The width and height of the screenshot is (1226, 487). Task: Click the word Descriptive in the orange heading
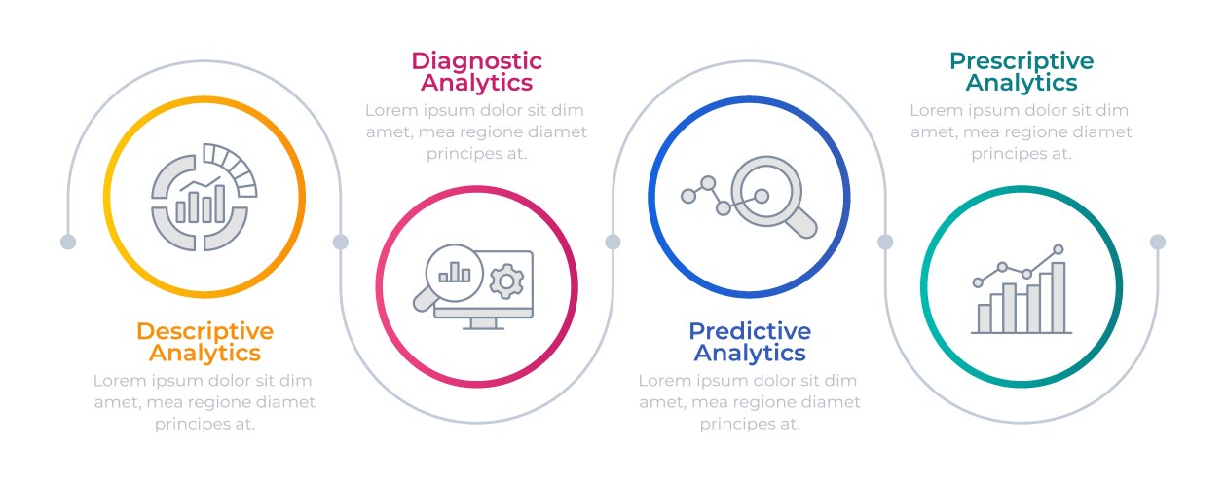click(204, 331)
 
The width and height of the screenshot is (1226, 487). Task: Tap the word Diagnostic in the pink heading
click(477, 61)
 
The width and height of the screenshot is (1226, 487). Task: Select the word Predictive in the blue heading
click(750, 331)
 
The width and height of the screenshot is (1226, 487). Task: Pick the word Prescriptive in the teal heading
click(1022, 61)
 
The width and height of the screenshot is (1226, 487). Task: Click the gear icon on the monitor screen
click(506, 281)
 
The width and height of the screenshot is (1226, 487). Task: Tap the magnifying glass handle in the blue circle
click(801, 223)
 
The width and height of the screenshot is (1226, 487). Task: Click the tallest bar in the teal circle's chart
click(1058, 298)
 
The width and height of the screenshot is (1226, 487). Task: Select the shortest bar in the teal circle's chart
click(985, 318)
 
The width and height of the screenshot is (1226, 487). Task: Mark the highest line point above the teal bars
click(1059, 249)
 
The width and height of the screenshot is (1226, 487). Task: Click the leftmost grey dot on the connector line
click(68, 242)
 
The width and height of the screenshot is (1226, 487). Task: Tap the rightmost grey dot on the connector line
click(1158, 242)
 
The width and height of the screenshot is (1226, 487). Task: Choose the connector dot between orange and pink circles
click(341, 242)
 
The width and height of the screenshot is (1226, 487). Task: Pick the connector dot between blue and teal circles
click(885, 242)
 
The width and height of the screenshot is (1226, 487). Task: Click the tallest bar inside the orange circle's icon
click(219, 204)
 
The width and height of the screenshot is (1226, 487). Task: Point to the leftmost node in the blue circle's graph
click(688, 196)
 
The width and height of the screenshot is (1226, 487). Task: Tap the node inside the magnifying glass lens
click(762, 196)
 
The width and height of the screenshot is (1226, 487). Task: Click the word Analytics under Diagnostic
click(477, 83)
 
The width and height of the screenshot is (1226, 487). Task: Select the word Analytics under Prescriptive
click(1022, 83)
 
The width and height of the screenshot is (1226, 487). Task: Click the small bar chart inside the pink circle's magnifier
click(455, 272)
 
